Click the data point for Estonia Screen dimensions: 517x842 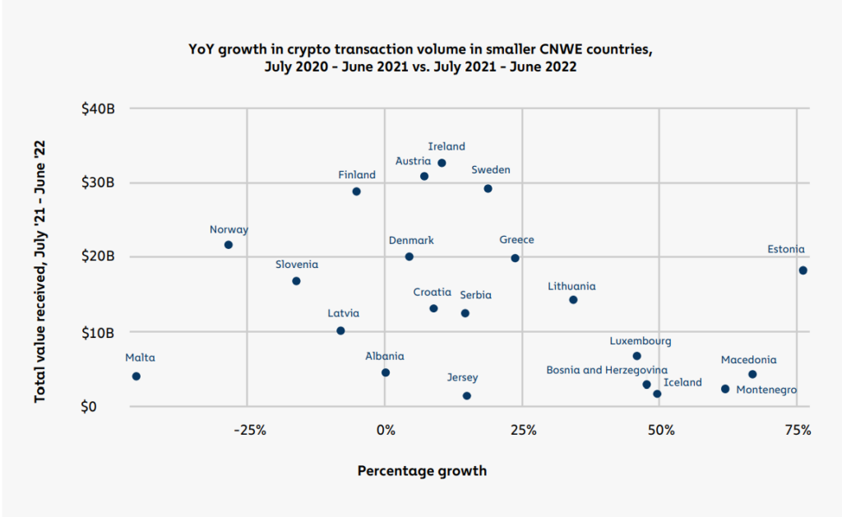coord(803,270)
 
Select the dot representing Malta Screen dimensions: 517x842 coord(136,376)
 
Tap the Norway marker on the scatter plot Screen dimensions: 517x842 coord(229,245)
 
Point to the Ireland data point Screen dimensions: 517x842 coord(442,163)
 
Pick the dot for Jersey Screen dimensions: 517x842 coord(467,395)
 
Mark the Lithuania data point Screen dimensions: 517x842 coord(573,300)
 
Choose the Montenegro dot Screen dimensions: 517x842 coord(725,389)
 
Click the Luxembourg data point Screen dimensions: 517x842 coord(636,356)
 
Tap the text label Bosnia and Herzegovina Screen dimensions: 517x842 coord(607,371)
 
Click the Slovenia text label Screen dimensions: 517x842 coord(296,265)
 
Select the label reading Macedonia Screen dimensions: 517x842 coord(748,360)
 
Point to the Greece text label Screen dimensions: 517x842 coord(516,240)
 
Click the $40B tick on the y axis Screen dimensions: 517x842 coord(98,108)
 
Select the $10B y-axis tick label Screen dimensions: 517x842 coord(98,332)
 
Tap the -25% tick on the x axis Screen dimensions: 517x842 coord(248,430)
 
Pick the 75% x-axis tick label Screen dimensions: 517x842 coord(797,430)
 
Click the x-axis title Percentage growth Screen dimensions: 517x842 coord(422,471)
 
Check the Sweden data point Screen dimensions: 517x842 coord(488,188)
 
